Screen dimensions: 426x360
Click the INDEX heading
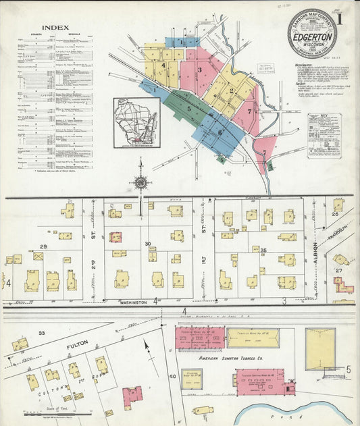coord(55,28)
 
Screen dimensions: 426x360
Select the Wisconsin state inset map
coord(136,122)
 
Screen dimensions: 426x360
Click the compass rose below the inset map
coord(140,182)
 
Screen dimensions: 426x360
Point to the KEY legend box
coord(324,135)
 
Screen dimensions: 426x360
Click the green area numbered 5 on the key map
coord(189,108)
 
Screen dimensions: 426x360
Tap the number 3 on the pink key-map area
coord(199,70)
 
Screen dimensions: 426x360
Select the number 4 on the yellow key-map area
coord(163,65)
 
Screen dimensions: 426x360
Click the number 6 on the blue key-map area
coord(220,132)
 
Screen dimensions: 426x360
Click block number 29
coord(43,248)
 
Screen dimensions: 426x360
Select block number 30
coord(147,244)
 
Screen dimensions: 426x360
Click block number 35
coord(264,250)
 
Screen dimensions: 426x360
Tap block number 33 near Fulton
coord(41,333)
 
